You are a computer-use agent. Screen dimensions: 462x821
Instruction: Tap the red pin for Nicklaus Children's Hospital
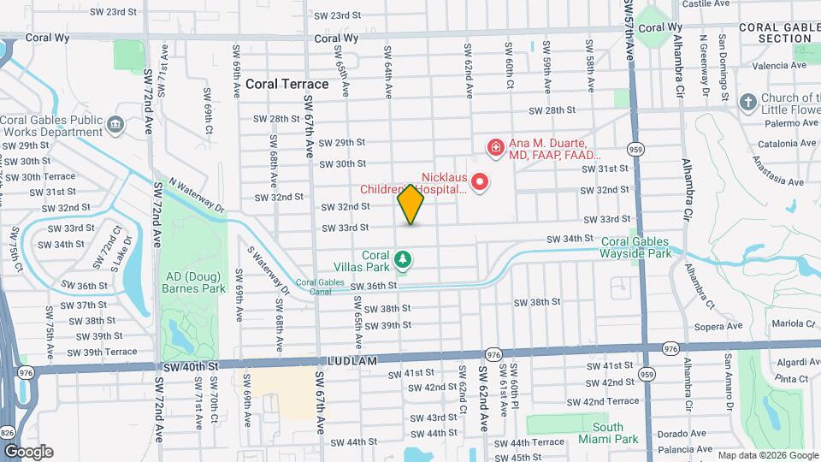click(x=480, y=181)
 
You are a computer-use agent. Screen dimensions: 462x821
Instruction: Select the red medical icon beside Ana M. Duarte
click(x=495, y=149)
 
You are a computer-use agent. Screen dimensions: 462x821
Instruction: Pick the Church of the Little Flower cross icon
click(x=747, y=103)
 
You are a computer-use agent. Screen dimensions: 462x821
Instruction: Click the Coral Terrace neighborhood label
click(x=286, y=84)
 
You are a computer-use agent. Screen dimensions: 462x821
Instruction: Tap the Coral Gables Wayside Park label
click(x=637, y=247)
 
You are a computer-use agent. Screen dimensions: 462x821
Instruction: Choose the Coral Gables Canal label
click(x=313, y=287)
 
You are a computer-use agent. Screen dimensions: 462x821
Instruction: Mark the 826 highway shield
click(x=8, y=433)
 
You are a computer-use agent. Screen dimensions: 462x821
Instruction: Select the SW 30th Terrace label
click(x=48, y=176)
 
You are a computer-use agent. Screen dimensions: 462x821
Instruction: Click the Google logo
click(x=27, y=451)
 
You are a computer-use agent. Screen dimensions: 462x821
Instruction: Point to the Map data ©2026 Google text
click(x=766, y=455)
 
